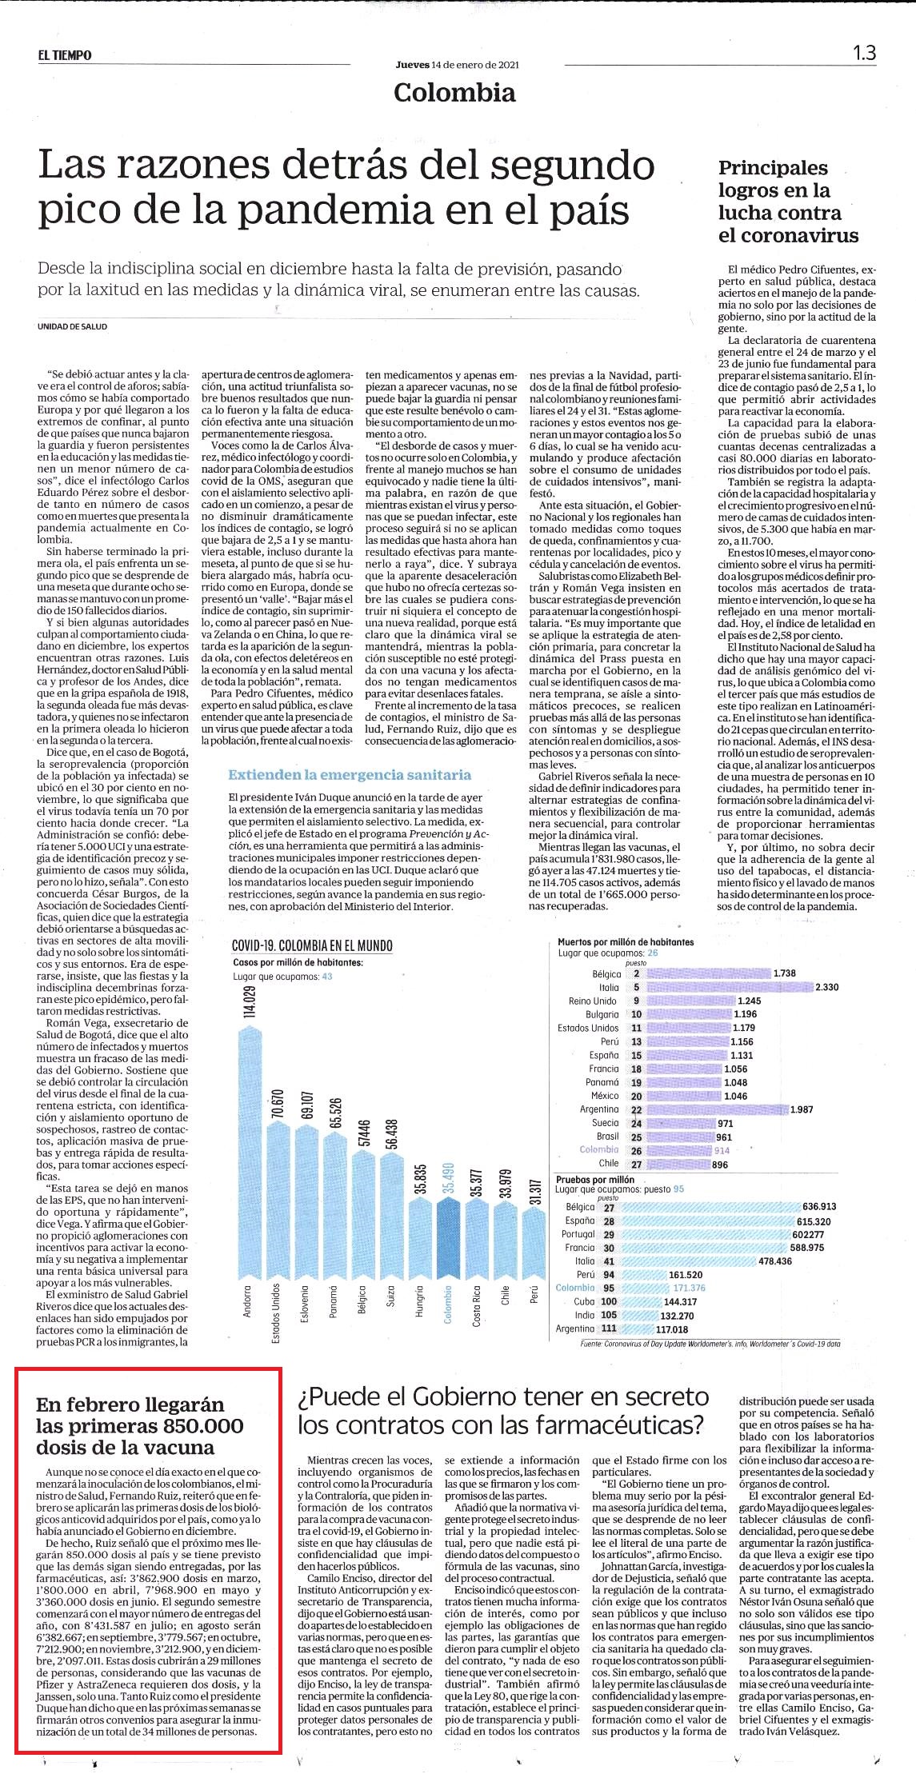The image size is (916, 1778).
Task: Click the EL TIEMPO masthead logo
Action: point(64,55)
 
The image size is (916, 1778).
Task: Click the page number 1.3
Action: point(864,53)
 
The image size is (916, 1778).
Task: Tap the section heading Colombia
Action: point(454,93)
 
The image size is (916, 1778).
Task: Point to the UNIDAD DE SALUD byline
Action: point(72,326)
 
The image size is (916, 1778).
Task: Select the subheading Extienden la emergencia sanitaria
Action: point(350,774)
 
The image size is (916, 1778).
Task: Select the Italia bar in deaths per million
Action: point(729,988)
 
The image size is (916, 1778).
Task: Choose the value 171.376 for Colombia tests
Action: point(690,1288)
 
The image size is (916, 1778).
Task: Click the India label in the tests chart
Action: point(584,1315)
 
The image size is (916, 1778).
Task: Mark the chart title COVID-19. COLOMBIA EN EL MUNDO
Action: point(312,945)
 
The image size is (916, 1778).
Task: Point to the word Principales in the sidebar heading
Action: point(773,169)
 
